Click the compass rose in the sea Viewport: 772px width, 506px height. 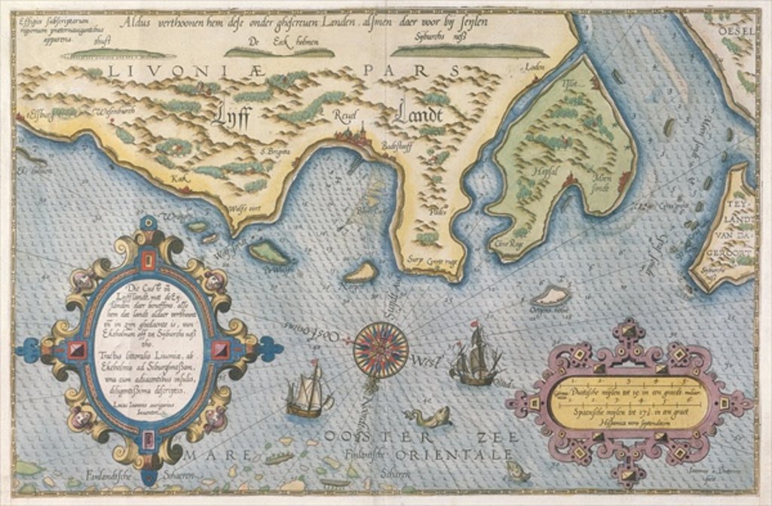tap(381, 347)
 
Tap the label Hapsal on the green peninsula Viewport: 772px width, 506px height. tap(545, 172)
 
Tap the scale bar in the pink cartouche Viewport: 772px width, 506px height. tap(628, 403)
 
